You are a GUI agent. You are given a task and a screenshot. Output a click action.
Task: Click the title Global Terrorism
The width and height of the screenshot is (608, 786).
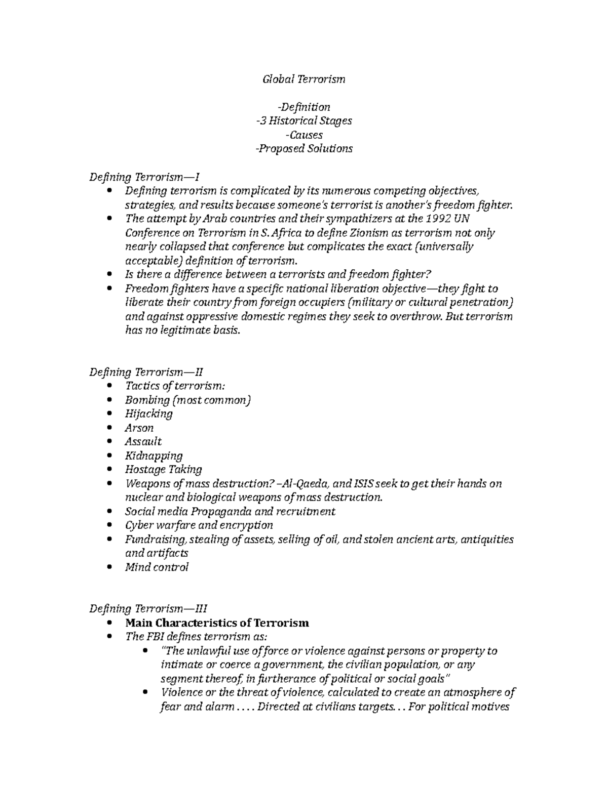[303, 79]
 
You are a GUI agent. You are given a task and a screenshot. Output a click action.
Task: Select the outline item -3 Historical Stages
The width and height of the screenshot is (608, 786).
[303, 121]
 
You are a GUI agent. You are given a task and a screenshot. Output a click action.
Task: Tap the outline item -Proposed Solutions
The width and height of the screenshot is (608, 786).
[303, 149]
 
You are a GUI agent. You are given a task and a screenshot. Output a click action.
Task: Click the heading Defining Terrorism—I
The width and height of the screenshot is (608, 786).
[144, 177]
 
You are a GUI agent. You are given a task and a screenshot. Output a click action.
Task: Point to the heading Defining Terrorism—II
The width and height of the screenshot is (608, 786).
[146, 373]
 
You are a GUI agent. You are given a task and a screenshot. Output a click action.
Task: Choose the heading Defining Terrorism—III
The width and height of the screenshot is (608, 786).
[148, 609]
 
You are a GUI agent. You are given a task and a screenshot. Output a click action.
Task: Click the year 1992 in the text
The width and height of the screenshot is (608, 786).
[438, 219]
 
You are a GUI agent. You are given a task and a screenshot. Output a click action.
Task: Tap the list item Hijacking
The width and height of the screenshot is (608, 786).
[148, 414]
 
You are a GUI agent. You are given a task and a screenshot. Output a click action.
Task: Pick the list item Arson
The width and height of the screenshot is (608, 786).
[139, 428]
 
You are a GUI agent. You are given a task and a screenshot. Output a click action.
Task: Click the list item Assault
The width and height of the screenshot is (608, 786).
[143, 442]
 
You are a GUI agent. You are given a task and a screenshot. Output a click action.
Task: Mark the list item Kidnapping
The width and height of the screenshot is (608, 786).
[154, 456]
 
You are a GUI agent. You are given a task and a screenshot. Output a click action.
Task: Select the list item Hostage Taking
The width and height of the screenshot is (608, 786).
[163, 470]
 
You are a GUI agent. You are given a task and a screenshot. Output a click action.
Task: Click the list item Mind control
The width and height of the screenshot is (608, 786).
[157, 567]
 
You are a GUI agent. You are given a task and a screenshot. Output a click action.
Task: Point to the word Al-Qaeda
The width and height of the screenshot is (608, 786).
[306, 484]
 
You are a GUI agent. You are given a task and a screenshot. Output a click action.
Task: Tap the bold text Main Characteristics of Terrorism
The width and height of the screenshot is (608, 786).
[217, 623]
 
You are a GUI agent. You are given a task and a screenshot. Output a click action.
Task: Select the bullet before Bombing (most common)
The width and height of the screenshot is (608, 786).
[111, 400]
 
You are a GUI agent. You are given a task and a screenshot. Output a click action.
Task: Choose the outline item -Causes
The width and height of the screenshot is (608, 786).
[303, 135]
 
